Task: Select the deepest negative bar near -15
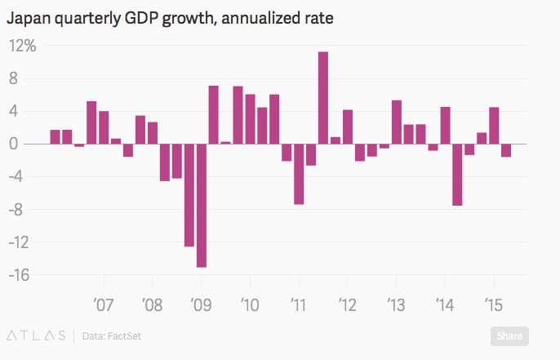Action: coord(202,205)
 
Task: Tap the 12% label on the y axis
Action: coord(23,47)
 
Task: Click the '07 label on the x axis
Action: coord(104,305)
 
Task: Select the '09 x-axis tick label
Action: coord(201,305)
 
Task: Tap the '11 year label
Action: coord(298,305)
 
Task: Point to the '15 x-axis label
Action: coord(493,305)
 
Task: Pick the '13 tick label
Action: coord(396,305)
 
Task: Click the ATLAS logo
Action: coord(36,335)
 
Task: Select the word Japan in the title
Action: coord(29,17)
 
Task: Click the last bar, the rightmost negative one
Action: coord(506,150)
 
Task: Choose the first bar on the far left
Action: coord(56,137)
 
